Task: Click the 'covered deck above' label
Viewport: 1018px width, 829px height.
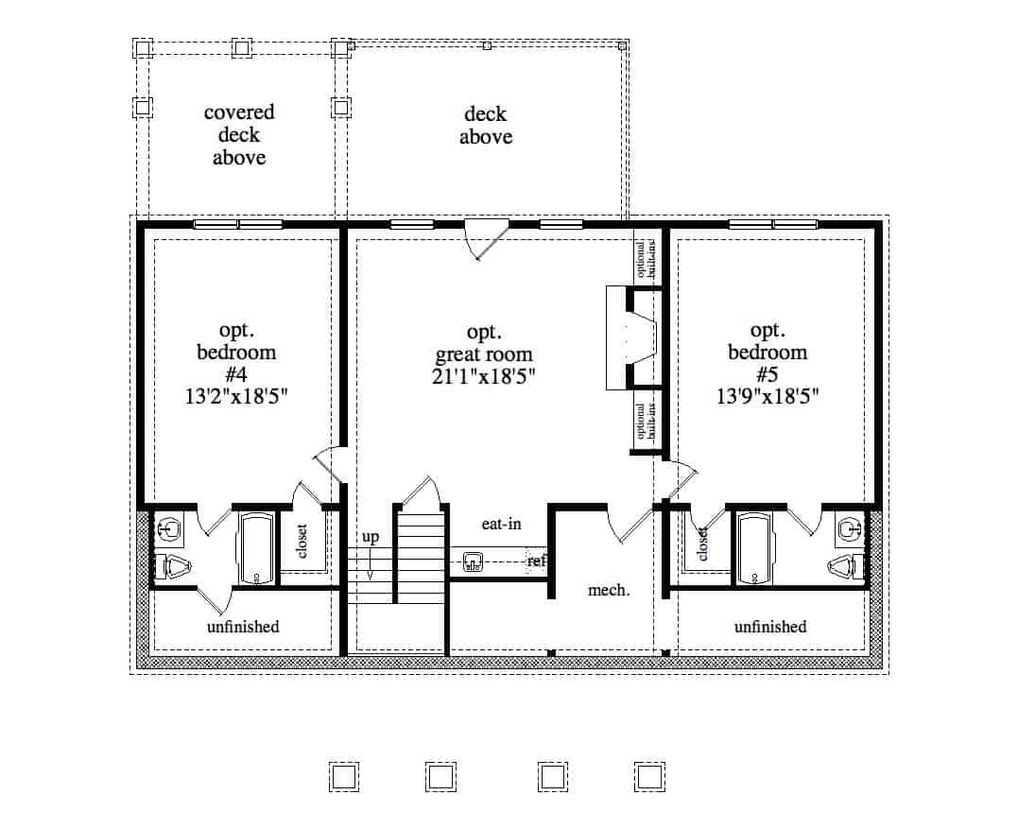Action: click(x=239, y=135)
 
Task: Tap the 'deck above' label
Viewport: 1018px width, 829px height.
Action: click(x=486, y=126)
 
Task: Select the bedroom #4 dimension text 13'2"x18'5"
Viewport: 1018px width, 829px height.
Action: click(x=236, y=397)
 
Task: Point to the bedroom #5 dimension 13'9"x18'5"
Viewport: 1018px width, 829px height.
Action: click(x=767, y=397)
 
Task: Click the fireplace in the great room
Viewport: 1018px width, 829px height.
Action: click(x=630, y=338)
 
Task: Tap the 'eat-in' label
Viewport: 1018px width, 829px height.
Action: click(x=501, y=523)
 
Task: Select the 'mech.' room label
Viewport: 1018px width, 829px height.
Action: click(x=609, y=590)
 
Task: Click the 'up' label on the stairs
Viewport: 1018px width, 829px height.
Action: click(x=371, y=537)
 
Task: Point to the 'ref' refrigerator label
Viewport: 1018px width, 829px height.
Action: click(x=537, y=561)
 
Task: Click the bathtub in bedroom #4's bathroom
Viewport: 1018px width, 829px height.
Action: click(x=256, y=549)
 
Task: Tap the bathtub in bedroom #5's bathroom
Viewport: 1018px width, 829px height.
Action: click(x=754, y=549)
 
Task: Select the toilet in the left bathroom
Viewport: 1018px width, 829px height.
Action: click(x=175, y=568)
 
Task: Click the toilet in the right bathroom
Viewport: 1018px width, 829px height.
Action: click(x=846, y=568)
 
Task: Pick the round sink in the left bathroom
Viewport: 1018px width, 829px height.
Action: click(x=170, y=527)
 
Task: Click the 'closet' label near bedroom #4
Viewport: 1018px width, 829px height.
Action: click(x=303, y=542)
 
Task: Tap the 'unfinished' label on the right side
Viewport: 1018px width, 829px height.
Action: click(x=770, y=627)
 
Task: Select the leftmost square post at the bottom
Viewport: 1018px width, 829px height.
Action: click(x=344, y=776)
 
